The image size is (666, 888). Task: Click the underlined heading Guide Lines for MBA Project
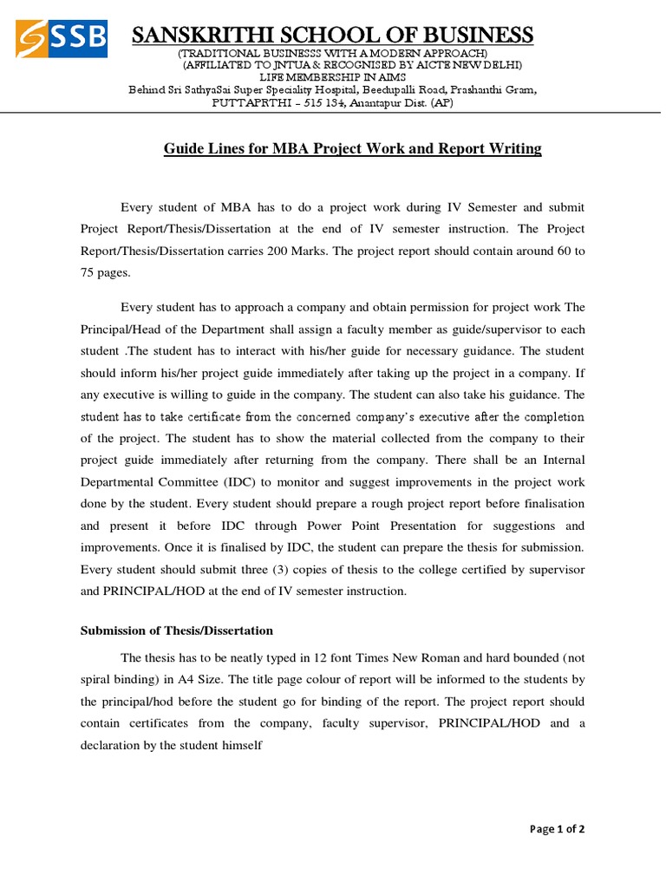(352, 148)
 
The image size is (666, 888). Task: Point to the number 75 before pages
(88, 272)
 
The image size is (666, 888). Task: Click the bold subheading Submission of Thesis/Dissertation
(177, 630)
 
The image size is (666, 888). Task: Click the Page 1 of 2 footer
(557, 829)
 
